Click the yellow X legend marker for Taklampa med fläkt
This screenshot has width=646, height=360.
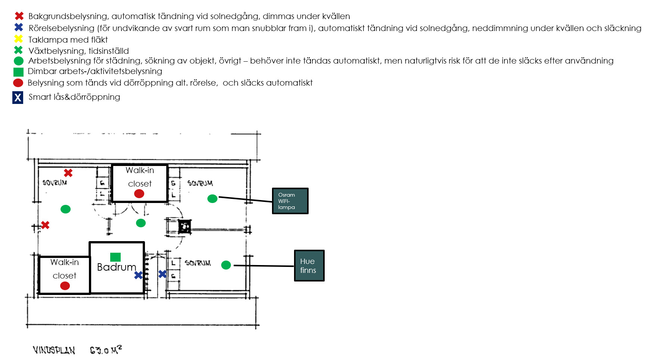[x=18, y=39]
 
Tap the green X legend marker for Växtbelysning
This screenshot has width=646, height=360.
[x=18, y=50]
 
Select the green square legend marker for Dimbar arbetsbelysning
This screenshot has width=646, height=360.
[x=18, y=72]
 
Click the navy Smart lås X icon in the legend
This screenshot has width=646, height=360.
[x=18, y=98]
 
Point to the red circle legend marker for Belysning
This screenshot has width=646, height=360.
[x=18, y=83]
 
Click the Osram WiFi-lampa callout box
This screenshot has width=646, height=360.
[x=290, y=201]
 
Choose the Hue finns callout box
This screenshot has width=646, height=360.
[x=309, y=265]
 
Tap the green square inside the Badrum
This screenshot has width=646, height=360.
[x=115, y=257]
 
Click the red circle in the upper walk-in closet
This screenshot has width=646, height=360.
[x=139, y=194]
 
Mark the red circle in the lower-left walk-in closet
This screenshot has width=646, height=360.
[x=65, y=286]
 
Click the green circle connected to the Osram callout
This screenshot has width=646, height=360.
[x=212, y=199]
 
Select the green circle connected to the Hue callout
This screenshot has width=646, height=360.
[x=226, y=265]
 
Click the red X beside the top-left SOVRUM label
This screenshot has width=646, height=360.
[x=68, y=173]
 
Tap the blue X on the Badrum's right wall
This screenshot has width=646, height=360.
[x=138, y=275]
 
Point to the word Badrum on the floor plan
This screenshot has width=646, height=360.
[x=117, y=267]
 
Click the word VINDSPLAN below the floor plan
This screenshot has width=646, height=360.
[x=54, y=350]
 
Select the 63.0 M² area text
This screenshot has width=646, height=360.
[x=106, y=350]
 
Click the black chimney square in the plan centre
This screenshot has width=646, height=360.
[x=185, y=227]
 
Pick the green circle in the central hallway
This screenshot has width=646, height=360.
[x=141, y=223]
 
